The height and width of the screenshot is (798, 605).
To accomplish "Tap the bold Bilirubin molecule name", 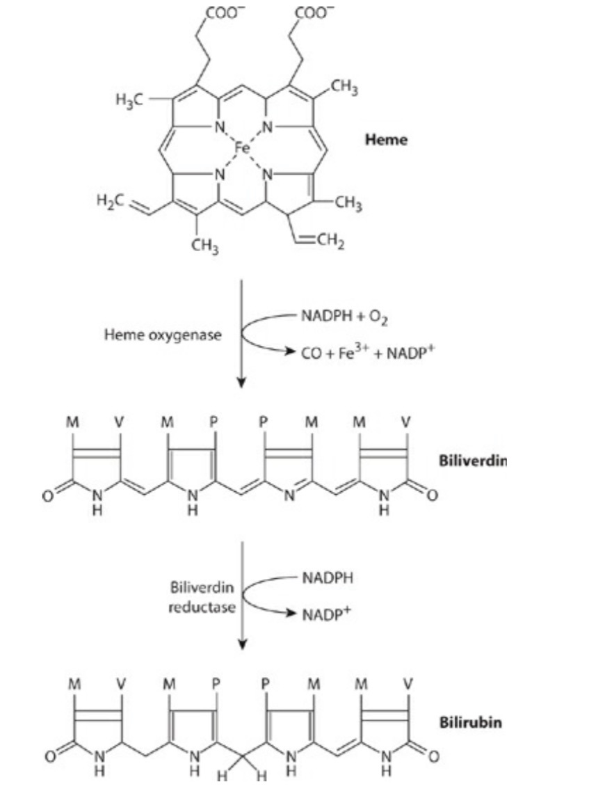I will [470, 722].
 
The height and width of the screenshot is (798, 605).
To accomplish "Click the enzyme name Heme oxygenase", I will [163, 335].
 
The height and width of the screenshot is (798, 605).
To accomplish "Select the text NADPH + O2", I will [344, 319].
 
